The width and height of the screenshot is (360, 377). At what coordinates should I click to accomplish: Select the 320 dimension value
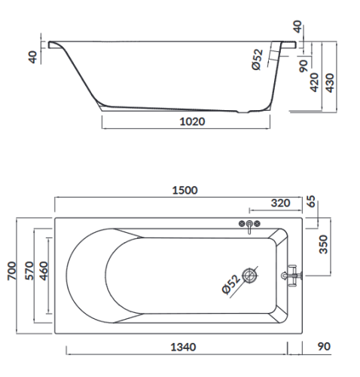pos(280,203)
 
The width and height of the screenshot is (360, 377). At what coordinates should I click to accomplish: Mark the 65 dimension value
pos(313,202)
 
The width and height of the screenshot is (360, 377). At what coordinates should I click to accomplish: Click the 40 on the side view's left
pos(32,57)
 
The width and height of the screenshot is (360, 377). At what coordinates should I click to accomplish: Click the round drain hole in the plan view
pos(252,277)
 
